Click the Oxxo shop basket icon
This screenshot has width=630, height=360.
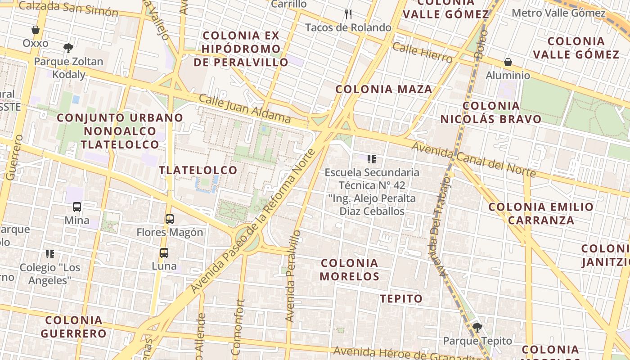coord(36,30)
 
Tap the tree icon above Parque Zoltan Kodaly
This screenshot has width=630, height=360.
coord(68,48)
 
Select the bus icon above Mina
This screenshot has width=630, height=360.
coord(77,207)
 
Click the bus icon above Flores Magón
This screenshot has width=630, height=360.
coord(170,219)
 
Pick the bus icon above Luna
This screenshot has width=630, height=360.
coord(164,252)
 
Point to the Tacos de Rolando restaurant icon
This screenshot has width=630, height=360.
coord(348,14)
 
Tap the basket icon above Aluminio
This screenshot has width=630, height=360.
coord(508,62)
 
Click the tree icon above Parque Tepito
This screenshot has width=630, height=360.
coord(477,328)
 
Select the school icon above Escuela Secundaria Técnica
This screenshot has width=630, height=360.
coord(371,159)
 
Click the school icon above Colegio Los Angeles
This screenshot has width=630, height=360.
coord(50,254)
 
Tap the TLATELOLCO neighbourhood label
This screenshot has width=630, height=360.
coord(198,170)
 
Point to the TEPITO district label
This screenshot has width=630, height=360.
coord(401,299)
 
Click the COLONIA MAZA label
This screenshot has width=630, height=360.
coord(384,89)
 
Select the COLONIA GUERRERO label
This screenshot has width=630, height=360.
coord(74,327)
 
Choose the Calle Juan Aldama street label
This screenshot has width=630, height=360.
coord(244,108)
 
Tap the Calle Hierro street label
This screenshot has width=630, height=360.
coord(422,53)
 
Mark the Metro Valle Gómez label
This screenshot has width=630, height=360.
coord(558,13)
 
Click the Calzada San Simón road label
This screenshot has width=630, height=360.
coord(68,8)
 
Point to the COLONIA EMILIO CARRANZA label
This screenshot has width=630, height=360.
coord(541,213)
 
